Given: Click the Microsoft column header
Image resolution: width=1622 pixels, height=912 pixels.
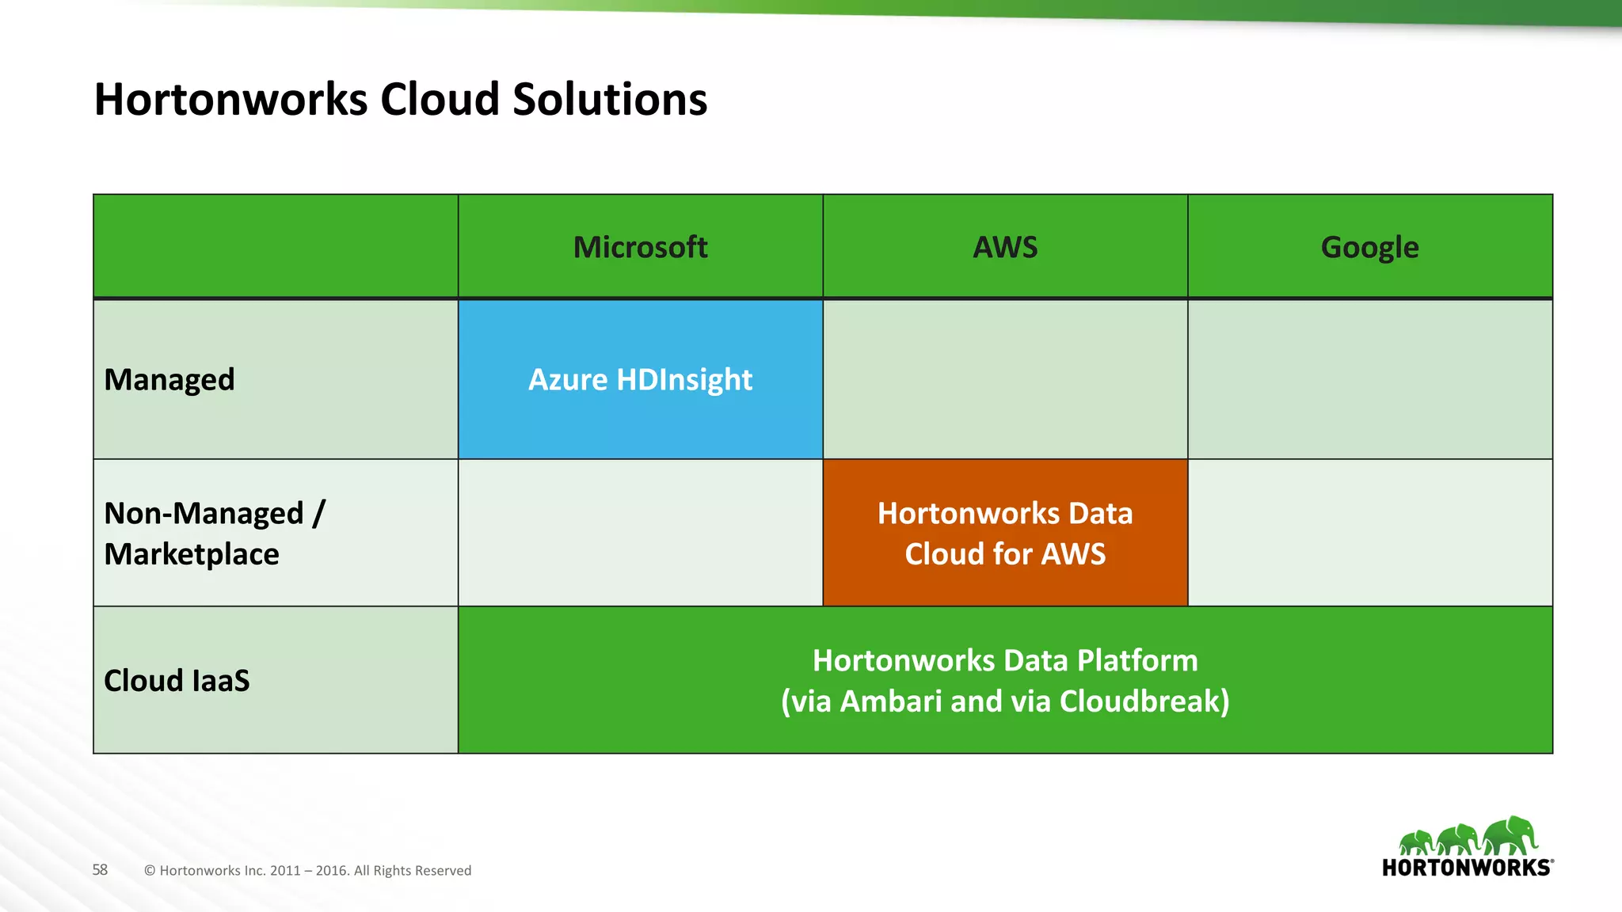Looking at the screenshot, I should (x=640, y=247).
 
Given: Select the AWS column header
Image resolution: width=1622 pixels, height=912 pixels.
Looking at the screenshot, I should (x=1005, y=247).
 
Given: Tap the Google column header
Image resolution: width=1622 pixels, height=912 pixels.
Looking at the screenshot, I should (x=1369, y=247).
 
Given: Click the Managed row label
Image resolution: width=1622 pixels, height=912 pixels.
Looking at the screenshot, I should (x=169, y=379).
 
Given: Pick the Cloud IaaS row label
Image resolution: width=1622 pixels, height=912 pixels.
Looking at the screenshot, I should (x=177, y=680).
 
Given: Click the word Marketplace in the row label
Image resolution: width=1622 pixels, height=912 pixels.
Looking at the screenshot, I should (x=192, y=554).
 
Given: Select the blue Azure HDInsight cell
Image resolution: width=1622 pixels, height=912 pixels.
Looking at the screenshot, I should (x=640, y=379).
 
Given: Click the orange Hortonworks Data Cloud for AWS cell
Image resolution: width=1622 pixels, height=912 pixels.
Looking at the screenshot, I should (x=1005, y=533).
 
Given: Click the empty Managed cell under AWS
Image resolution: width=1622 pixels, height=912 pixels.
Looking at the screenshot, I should (x=1005, y=379).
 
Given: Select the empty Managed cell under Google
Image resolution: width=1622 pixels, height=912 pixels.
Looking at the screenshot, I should (x=1369, y=379).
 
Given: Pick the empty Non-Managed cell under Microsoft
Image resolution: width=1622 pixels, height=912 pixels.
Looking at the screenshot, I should (x=640, y=533).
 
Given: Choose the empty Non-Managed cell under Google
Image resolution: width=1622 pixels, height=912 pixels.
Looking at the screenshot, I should (x=1369, y=533).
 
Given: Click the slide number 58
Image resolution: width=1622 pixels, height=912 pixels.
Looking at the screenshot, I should (x=100, y=870).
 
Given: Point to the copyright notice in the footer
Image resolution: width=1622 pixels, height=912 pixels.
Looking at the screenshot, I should (x=307, y=871).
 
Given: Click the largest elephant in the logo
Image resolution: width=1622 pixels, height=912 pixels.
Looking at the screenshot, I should (x=1511, y=836).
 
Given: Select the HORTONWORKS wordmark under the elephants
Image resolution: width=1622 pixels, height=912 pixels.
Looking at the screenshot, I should (x=1467, y=868).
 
